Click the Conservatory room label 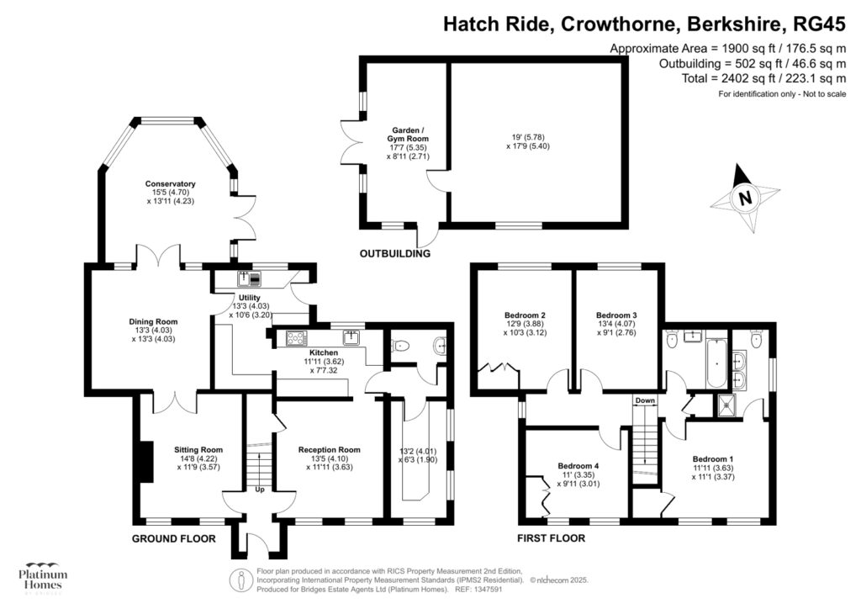tap(170, 184)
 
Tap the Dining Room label tap(152, 321)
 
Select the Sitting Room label tap(198, 449)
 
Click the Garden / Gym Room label tap(408, 135)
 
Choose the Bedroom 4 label tap(578, 465)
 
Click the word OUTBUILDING tap(395, 253)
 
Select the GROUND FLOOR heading tap(174, 538)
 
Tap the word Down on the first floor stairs tap(645, 400)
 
